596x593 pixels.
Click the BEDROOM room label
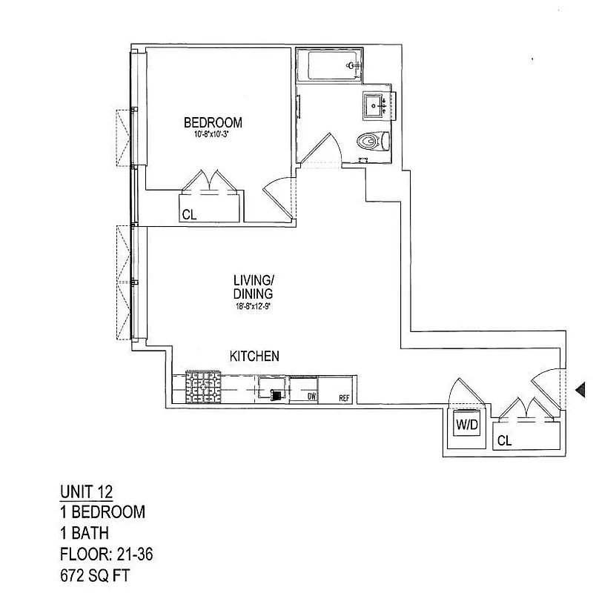coord(213,122)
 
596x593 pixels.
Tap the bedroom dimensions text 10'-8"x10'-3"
coord(213,135)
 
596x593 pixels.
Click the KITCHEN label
coord(254,357)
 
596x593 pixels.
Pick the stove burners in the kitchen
coord(204,386)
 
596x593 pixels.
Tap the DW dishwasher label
coord(313,397)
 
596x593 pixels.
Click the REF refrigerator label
coord(344,398)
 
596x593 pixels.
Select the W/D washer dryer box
coord(467,426)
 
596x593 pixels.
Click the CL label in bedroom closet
coord(189,215)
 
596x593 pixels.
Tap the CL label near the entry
coord(504,440)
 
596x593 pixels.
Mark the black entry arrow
coord(581,388)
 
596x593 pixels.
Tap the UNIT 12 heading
coord(86,491)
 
